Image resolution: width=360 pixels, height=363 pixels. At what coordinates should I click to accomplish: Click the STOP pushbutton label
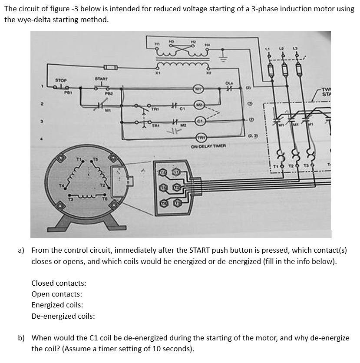[x=61, y=81]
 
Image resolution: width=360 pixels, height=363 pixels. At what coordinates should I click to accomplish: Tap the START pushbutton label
[x=101, y=79]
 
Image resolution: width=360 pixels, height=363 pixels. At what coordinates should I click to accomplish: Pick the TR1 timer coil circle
[x=201, y=138]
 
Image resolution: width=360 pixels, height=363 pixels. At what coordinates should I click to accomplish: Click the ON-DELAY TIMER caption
[x=208, y=147]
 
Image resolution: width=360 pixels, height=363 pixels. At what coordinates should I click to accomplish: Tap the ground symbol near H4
[x=224, y=54]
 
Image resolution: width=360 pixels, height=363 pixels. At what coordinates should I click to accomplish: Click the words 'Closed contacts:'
[x=59, y=283]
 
